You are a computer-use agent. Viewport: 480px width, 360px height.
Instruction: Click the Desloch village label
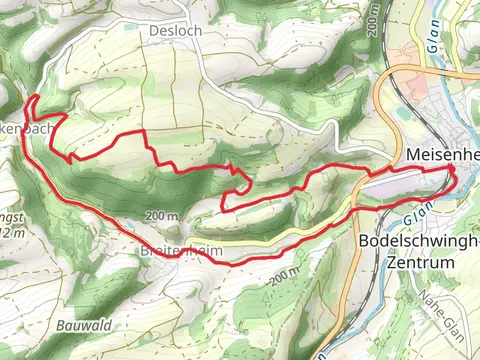pos(175,31)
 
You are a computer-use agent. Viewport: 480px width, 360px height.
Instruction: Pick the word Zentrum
pos(418,261)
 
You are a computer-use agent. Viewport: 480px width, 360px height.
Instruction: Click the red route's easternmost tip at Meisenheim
pos(455,178)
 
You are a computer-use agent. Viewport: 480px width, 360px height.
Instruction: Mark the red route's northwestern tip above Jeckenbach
pos(32,97)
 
